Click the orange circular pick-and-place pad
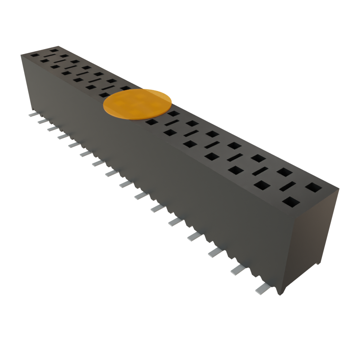pyautogui.click(x=137, y=104)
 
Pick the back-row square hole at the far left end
pyautogui.click(x=54, y=51)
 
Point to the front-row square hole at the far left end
pyautogui.click(x=34, y=55)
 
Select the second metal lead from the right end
pyautogui.click(x=238, y=269)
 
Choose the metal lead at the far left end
pyautogui.click(x=32, y=115)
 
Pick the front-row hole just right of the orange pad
pyautogui.click(x=151, y=122)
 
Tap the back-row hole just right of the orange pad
pyautogui.click(x=173, y=114)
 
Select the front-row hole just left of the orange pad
pyautogui.click(x=104, y=95)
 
